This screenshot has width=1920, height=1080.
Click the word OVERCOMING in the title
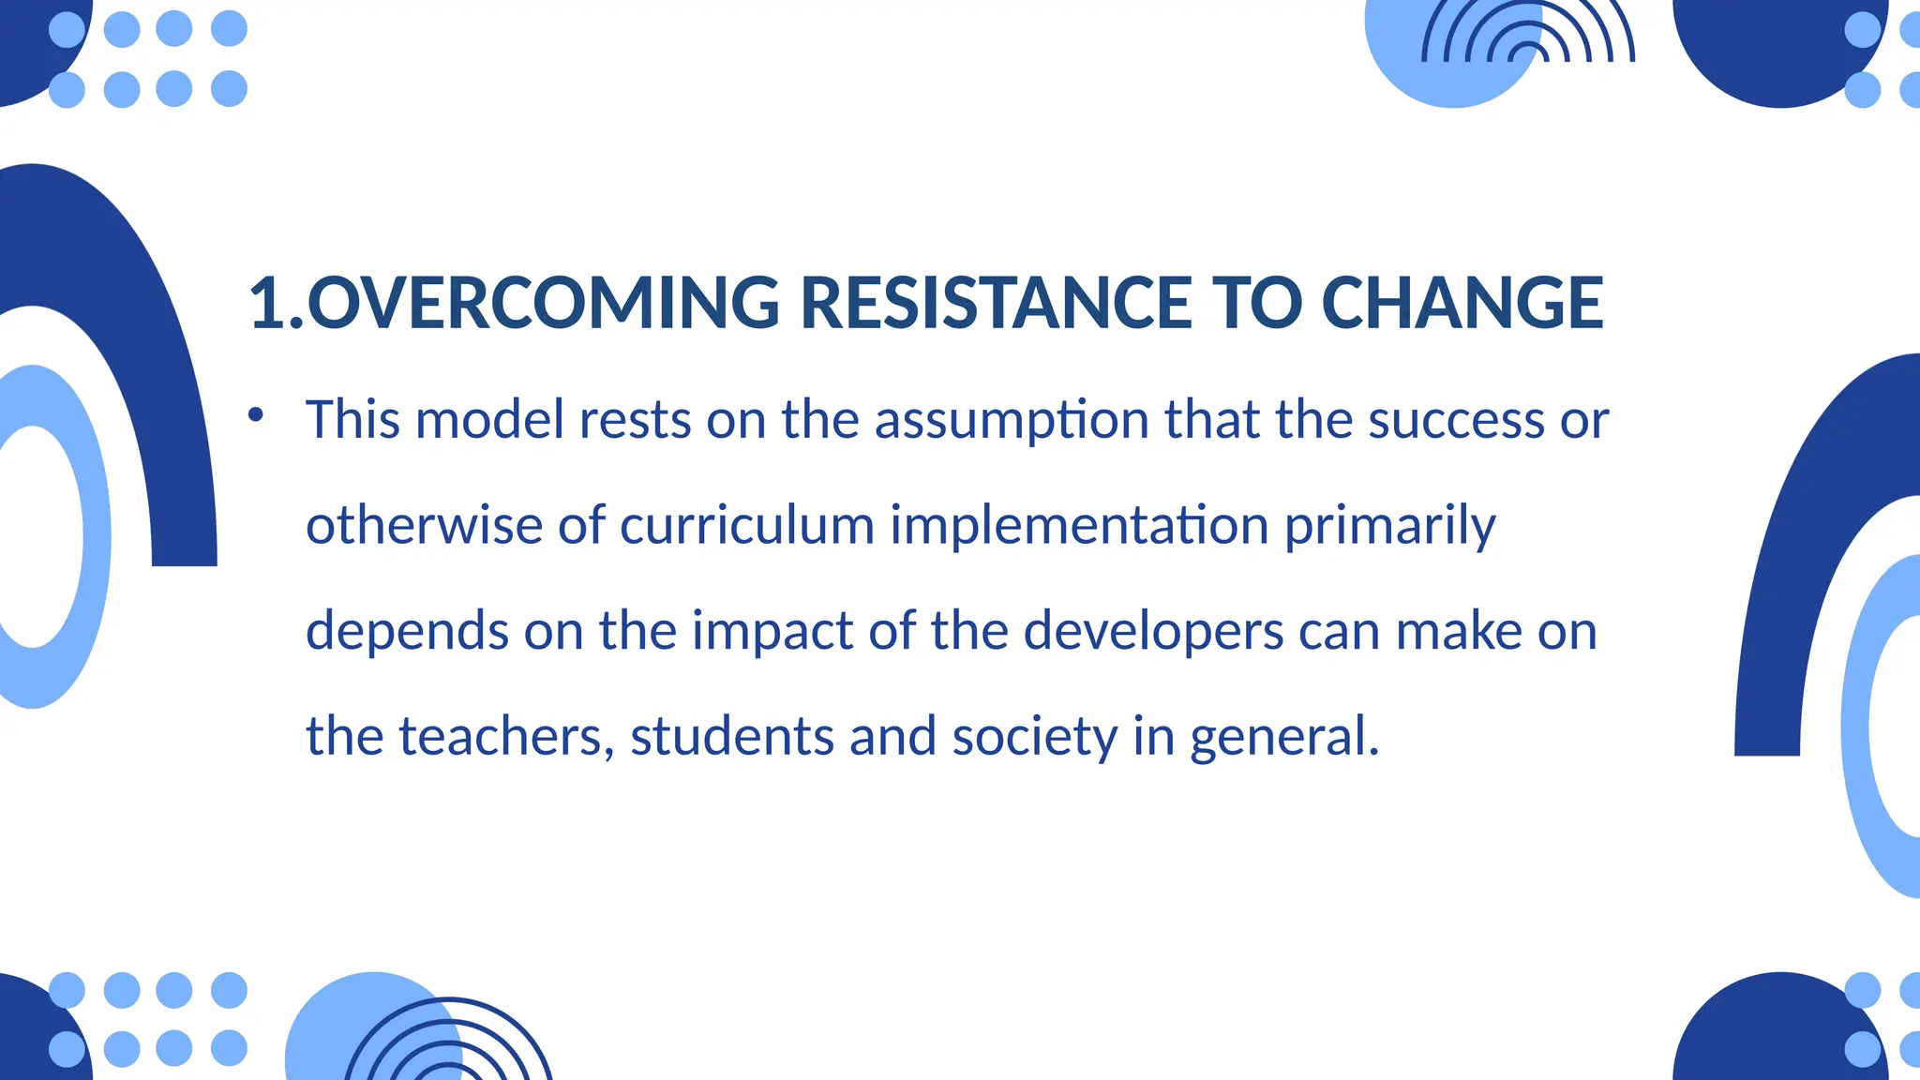tap(543, 303)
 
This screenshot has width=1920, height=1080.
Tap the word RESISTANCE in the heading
tap(997, 303)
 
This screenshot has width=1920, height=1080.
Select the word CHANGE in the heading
tap(1462, 303)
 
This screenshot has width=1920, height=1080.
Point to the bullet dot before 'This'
tap(256, 413)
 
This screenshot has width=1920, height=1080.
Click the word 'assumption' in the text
tap(1012, 420)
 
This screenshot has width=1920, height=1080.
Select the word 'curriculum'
tap(747, 525)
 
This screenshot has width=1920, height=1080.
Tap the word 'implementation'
tap(1079, 525)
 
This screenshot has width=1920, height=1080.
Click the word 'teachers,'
tap(507, 737)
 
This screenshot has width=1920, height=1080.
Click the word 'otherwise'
tap(424, 525)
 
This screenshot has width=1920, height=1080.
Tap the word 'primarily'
tap(1389, 527)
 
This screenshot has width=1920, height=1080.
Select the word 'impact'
tap(772, 633)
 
